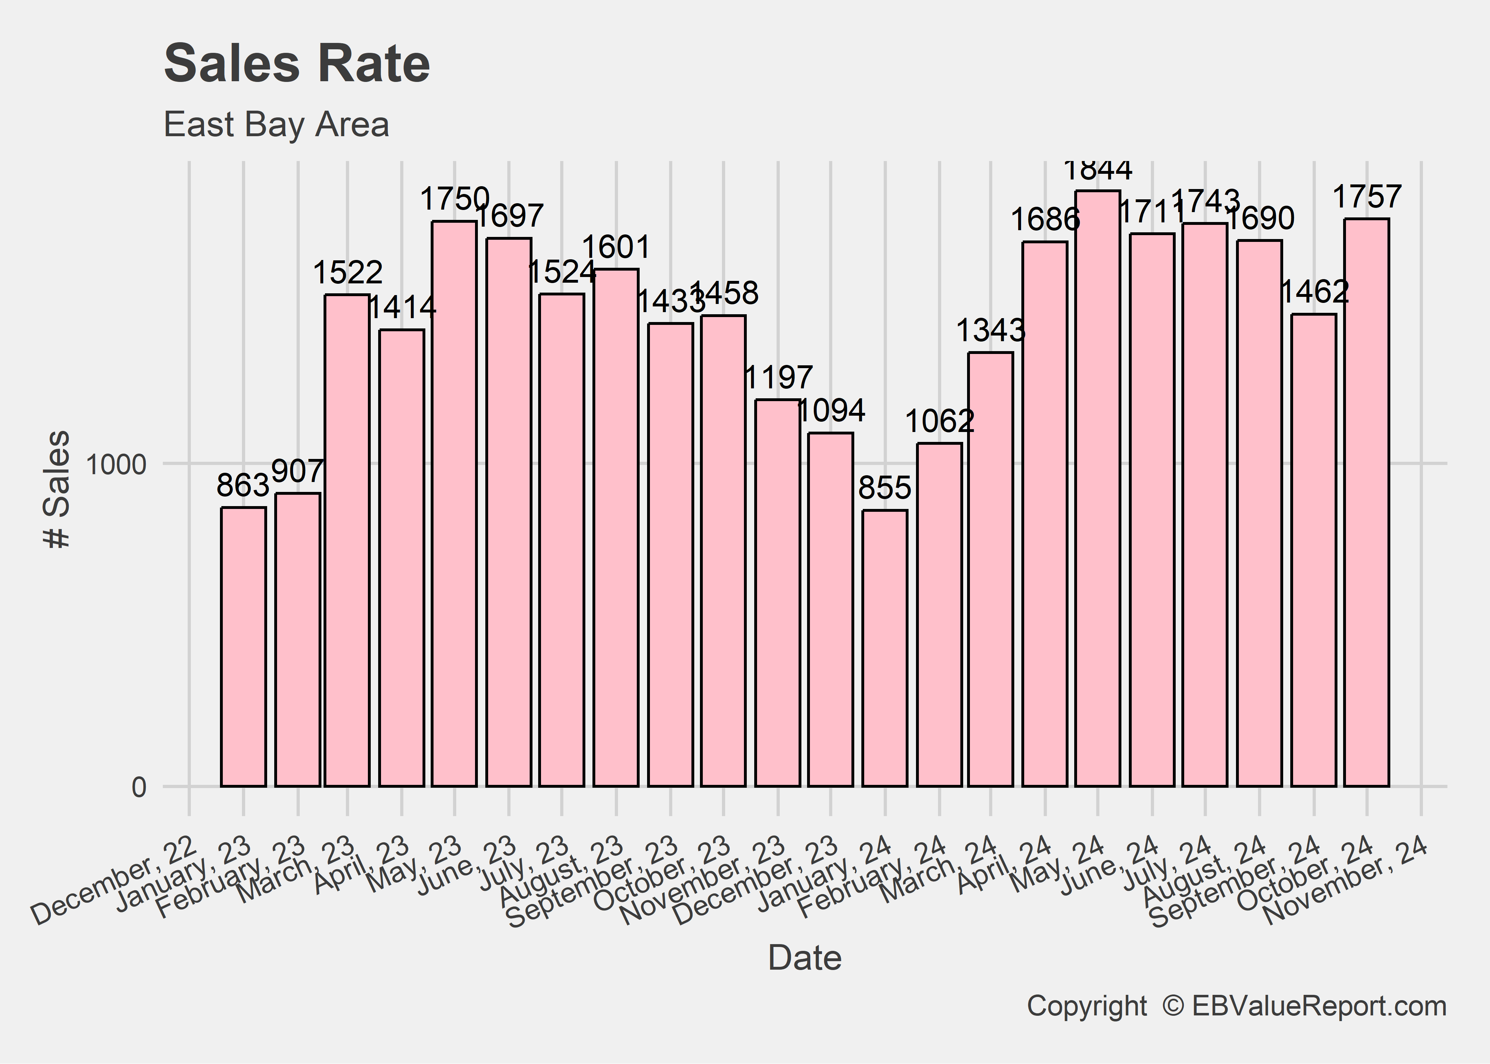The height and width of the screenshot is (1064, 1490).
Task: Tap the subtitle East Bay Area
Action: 276,124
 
